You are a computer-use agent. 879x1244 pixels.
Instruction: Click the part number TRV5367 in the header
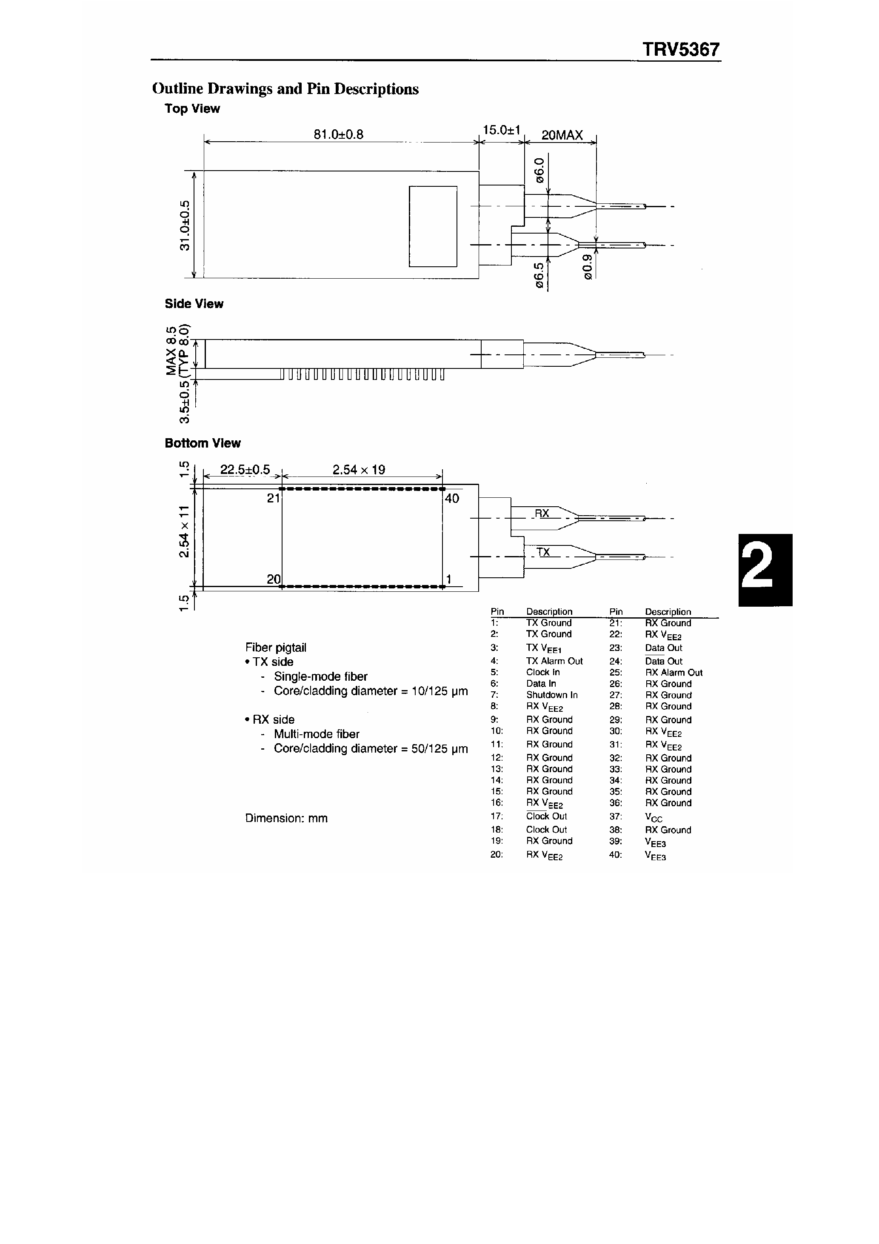click(681, 50)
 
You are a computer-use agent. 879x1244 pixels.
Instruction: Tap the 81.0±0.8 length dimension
click(338, 134)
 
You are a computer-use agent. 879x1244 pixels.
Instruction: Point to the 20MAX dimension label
click(562, 135)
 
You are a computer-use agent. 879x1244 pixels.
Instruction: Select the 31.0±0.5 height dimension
click(186, 225)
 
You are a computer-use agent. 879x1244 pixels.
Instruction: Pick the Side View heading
click(194, 304)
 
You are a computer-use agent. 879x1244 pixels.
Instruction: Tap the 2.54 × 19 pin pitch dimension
click(358, 470)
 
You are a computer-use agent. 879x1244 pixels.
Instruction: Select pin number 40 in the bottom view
click(451, 499)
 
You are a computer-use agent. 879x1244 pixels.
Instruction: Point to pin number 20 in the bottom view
click(274, 579)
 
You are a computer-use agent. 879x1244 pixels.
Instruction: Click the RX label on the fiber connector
click(542, 513)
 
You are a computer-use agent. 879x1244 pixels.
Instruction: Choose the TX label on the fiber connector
click(543, 551)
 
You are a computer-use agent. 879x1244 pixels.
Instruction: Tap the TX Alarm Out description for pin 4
click(554, 661)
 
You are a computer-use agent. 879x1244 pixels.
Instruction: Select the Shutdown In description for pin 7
click(552, 695)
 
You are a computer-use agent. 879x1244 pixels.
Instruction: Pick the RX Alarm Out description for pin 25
click(673, 672)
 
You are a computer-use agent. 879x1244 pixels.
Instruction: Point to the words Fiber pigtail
click(275, 648)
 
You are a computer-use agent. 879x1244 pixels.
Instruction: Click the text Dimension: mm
click(286, 818)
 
